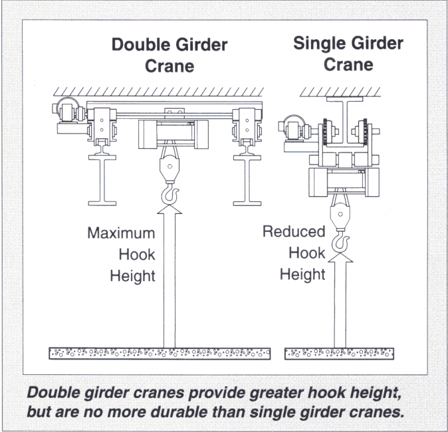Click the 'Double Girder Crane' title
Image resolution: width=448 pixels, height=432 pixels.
(169, 55)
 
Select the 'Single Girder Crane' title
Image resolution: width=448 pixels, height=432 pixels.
(348, 54)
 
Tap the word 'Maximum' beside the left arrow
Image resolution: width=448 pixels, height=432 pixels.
(121, 233)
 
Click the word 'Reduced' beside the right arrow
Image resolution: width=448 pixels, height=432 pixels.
(294, 232)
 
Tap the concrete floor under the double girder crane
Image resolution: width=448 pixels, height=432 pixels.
(160, 353)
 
